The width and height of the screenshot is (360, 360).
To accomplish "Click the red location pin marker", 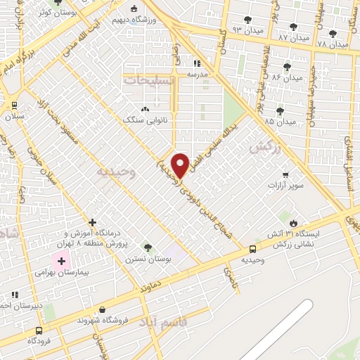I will tap(181, 165).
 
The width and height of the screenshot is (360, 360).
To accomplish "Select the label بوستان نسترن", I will tap(147, 259).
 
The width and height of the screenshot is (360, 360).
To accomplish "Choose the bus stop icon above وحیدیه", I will tap(252, 248).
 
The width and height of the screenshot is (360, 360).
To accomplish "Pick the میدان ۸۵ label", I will tap(279, 121).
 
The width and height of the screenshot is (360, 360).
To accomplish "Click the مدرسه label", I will tap(198, 72).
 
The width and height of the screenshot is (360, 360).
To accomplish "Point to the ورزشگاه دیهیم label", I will tap(155, 20).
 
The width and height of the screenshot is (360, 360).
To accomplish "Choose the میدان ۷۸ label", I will tap(333, 44).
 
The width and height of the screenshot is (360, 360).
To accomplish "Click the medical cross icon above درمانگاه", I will tap(91, 222).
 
